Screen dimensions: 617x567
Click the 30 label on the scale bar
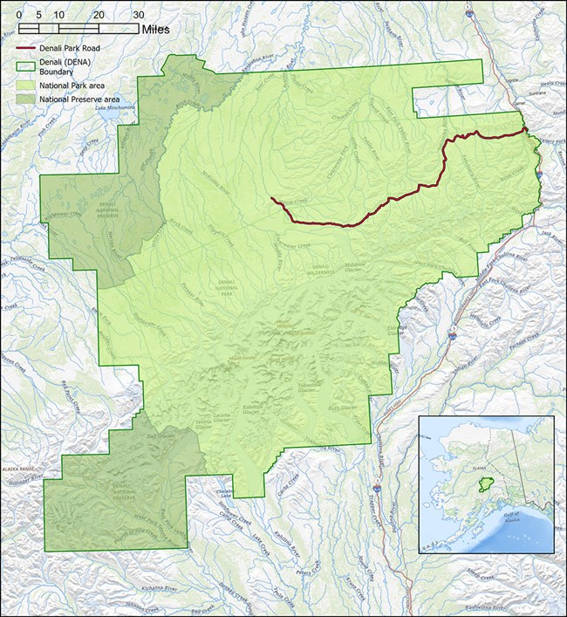138,16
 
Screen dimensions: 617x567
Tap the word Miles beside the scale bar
165,30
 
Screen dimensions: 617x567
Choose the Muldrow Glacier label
358,265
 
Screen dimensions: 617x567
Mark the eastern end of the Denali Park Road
526,130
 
